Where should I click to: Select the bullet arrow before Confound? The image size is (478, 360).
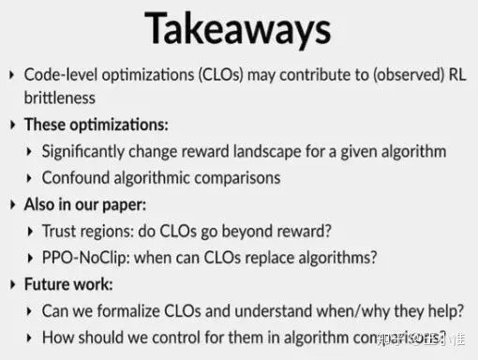click(32, 177)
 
